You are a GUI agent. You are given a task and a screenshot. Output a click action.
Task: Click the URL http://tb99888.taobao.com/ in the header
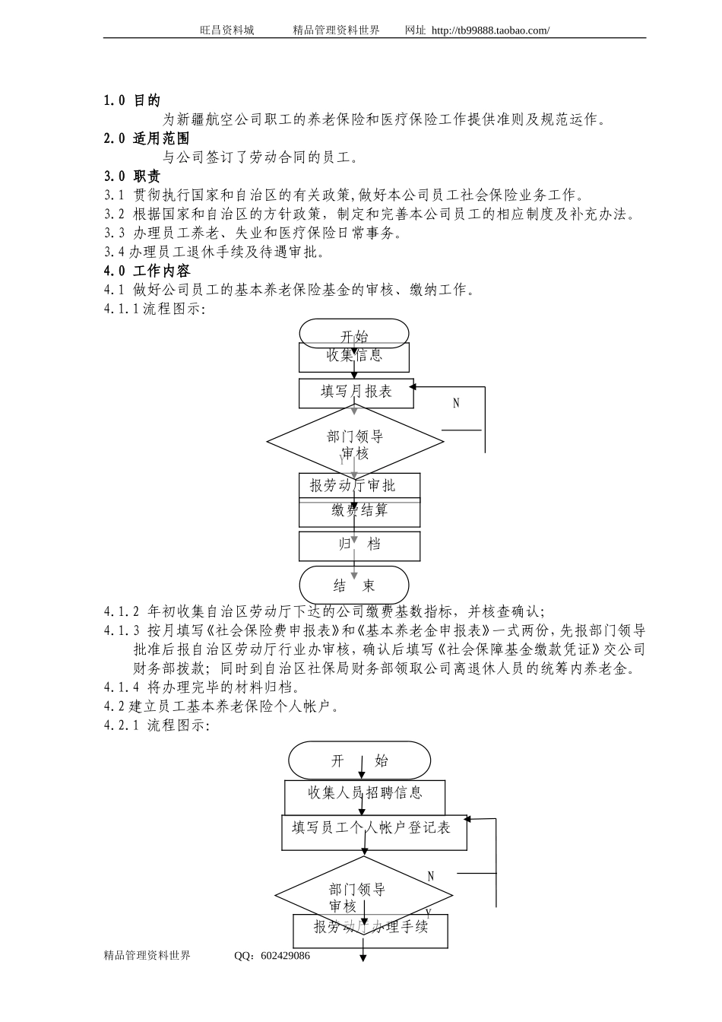(490, 30)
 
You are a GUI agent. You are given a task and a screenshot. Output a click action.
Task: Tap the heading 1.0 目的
(131, 100)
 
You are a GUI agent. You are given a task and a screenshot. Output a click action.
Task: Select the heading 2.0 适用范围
(147, 138)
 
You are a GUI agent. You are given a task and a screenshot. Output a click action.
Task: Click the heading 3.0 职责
(131, 176)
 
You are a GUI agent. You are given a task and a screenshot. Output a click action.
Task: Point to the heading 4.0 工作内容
(147, 271)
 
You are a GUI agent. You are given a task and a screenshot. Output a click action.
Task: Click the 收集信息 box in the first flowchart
(354, 357)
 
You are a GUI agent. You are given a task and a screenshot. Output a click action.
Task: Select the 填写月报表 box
(356, 393)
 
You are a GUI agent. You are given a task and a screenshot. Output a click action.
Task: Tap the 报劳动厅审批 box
(359, 486)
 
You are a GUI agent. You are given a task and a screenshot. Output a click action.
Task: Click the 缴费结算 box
(359, 513)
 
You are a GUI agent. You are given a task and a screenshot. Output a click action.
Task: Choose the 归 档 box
(359, 546)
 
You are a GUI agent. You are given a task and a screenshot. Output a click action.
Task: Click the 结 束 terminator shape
(354, 585)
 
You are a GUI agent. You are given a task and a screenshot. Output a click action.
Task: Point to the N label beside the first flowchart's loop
(456, 403)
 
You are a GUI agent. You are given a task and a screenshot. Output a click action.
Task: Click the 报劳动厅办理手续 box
(370, 931)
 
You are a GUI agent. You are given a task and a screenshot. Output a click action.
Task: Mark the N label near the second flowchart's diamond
(431, 876)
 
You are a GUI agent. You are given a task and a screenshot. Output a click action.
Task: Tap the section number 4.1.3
(122, 630)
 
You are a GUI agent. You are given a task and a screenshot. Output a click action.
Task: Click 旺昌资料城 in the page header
(227, 30)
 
